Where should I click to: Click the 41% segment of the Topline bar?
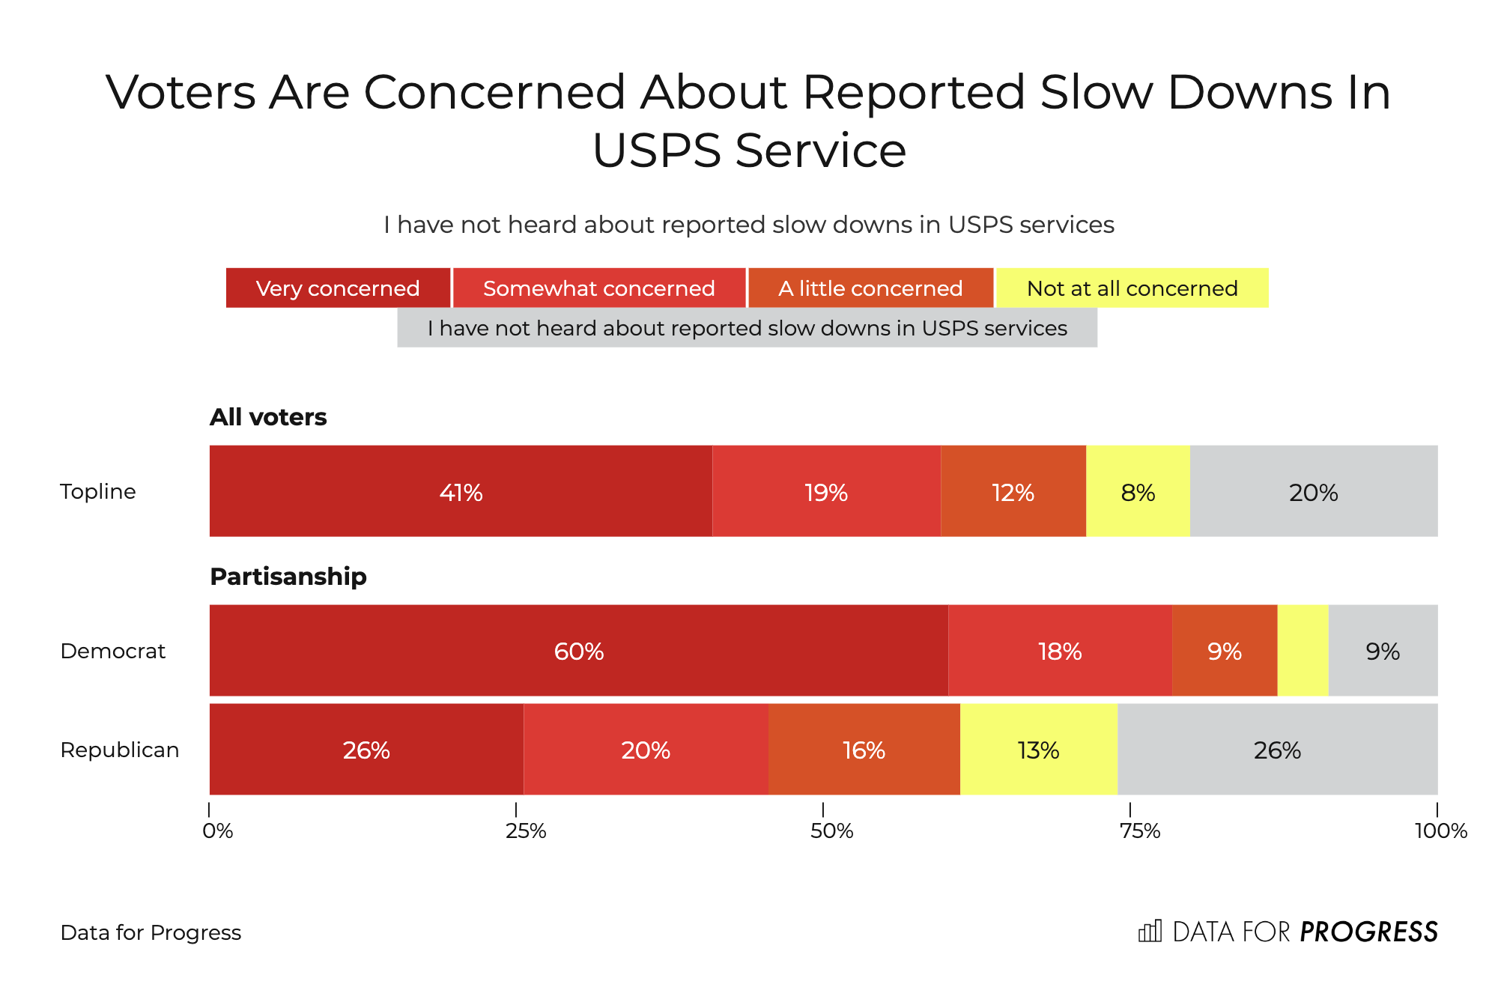click(x=461, y=491)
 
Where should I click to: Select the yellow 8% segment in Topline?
click(x=1138, y=491)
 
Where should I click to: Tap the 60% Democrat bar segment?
click(x=578, y=650)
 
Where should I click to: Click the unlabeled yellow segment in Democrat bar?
click(x=1303, y=650)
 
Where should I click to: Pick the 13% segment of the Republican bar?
click(x=1038, y=749)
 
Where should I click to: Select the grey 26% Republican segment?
click(x=1277, y=749)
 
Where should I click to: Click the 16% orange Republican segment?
click(x=864, y=749)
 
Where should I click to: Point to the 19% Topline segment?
click(x=826, y=491)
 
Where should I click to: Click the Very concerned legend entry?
click(x=338, y=288)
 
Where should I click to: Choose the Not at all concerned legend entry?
click(x=1132, y=288)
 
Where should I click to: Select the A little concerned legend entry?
click(x=870, y=288)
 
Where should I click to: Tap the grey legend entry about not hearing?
click(x=747, y=328)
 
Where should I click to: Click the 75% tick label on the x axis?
click(x=1139, y=831)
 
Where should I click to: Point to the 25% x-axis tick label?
click(x=525, y=831)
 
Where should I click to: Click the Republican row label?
click(x=120, y=750)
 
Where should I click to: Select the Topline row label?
click(x=98, y=491)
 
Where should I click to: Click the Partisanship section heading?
click(x=288, y=576)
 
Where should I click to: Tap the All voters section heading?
click(x=268, y=416)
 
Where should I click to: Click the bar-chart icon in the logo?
click(x=1150, y=931)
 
